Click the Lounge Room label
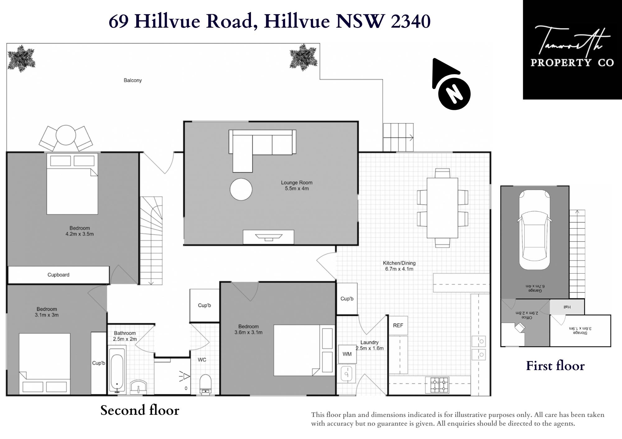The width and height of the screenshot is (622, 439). coord(297,183)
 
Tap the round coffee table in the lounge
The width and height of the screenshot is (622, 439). coord(241,189)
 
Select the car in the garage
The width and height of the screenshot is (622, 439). coord(535,230)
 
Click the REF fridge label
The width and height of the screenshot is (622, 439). coord(398,325)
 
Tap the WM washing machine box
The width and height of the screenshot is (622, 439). coord(347,354)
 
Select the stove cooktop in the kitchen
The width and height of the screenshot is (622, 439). coord(439,385)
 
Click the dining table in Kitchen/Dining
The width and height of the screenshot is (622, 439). coord(442,208)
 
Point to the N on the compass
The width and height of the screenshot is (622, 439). coord(454,94)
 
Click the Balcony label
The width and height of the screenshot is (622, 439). coord(133,80)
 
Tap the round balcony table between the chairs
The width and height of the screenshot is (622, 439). coord(66,135)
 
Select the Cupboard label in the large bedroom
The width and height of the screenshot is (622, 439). coord(58,275)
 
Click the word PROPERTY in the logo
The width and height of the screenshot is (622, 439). coord(560,62)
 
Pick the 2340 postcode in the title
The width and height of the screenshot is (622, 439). coord(411,21)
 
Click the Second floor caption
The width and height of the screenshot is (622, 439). coord(140,410)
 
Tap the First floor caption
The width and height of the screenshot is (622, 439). coord(555,366)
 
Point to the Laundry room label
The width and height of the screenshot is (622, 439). coord(369,342)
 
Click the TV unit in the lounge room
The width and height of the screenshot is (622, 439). coord(268,237)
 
